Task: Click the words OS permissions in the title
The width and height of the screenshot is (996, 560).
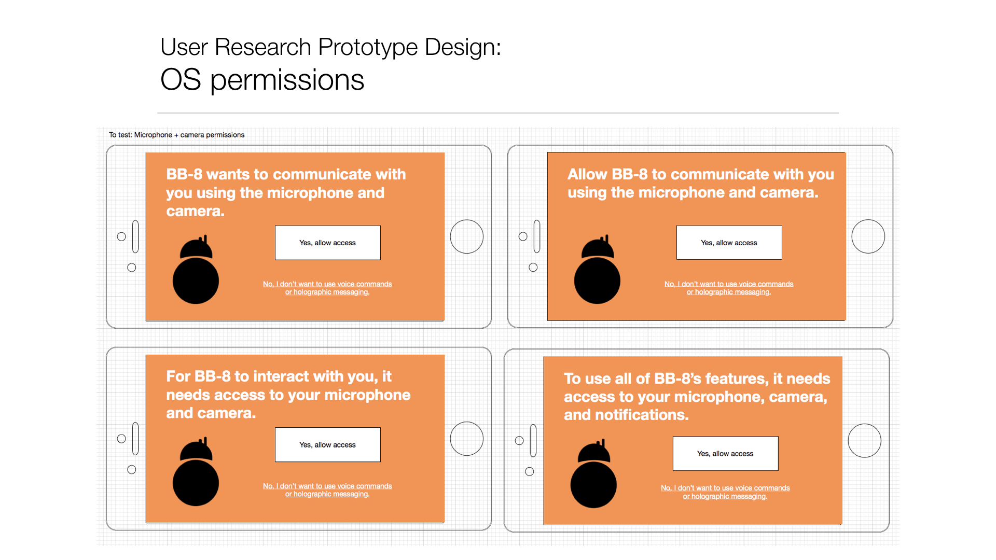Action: coord(262,80)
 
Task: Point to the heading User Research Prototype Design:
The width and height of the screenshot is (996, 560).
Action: coord(330,47)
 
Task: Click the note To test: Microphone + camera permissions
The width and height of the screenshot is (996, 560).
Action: coord(176,135)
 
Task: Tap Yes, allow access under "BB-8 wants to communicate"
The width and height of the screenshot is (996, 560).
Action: coord(327,243)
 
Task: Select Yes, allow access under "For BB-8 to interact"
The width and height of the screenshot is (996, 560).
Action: coord(327,445)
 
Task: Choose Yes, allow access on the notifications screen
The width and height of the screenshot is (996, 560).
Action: coord(725,454)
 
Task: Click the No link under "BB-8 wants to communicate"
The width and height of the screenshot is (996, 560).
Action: coord(327,288)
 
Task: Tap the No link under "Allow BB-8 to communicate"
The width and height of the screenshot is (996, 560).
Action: coord(729,288)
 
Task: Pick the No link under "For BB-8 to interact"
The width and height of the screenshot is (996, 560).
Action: coord(327,490)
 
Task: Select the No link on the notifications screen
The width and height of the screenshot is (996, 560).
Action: coord(725,492)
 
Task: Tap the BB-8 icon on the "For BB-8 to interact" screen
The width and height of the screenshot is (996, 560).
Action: coord(196,472)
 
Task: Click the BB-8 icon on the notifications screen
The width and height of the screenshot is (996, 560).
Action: coord(593,474)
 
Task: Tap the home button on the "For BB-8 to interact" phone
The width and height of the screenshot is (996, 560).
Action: coord(467,439)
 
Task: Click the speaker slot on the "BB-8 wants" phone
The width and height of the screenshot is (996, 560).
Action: coord(135,236)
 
